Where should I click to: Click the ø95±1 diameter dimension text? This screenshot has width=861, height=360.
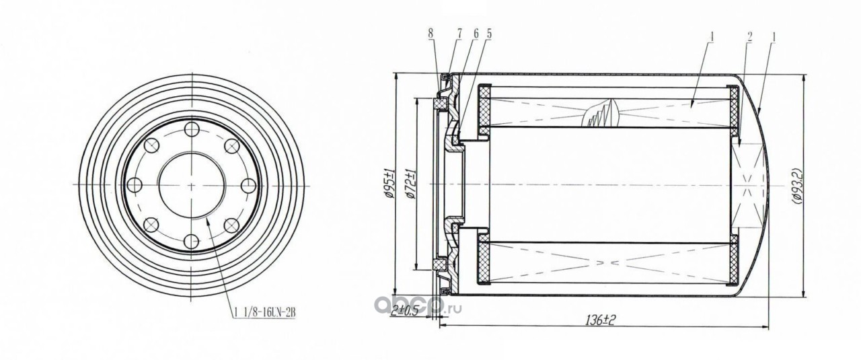tap(389, 184)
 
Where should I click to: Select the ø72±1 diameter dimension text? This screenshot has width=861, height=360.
tap(410, 184)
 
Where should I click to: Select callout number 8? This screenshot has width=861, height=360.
tap(430, 34)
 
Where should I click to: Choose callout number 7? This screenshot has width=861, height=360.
tap(459, 34)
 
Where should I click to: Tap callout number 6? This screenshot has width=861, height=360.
tap(476, 34)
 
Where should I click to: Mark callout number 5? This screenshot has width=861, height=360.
tap(489, 34)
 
